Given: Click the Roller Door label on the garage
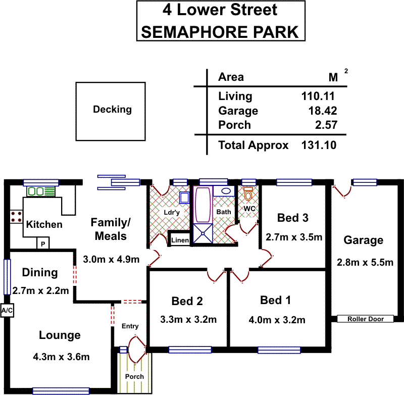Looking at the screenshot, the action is [365, 319].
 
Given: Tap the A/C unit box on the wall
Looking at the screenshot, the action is [7, 310].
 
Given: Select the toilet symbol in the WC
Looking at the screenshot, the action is [248, 194].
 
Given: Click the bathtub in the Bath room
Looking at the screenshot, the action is [203, 205].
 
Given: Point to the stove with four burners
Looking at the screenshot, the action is [16, 217].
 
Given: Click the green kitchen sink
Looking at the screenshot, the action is [41, 191].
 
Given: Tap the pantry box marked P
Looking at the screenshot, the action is [43, 243].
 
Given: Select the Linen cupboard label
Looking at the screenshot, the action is [180, 240].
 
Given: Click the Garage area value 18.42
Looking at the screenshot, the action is [323, 111].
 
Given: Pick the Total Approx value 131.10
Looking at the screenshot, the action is [319, 145].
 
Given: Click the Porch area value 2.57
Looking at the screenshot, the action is [326, 125].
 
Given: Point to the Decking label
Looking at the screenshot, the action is [112, 109].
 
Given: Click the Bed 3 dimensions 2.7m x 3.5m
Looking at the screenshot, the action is [294, 237].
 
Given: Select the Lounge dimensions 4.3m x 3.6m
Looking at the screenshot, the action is [61, 357].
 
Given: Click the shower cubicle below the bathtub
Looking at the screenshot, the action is [203, 233].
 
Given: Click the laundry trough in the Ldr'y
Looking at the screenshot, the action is [184, 198].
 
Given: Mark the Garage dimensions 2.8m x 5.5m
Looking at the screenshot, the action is [365, 262].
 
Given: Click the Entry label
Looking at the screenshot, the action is [130, 326].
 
